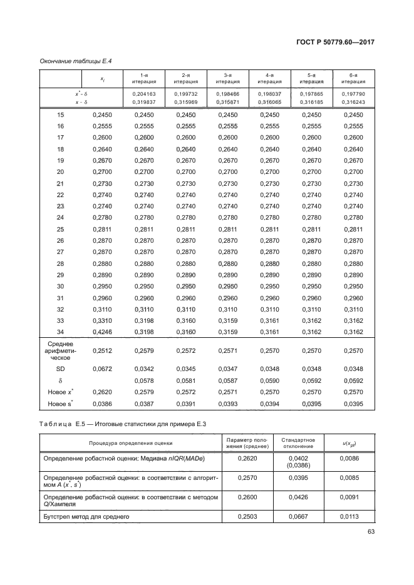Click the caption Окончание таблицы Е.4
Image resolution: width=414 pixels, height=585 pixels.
(73, 61)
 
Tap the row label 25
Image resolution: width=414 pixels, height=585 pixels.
(61, 230)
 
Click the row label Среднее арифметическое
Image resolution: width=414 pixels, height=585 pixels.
(61, 351)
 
